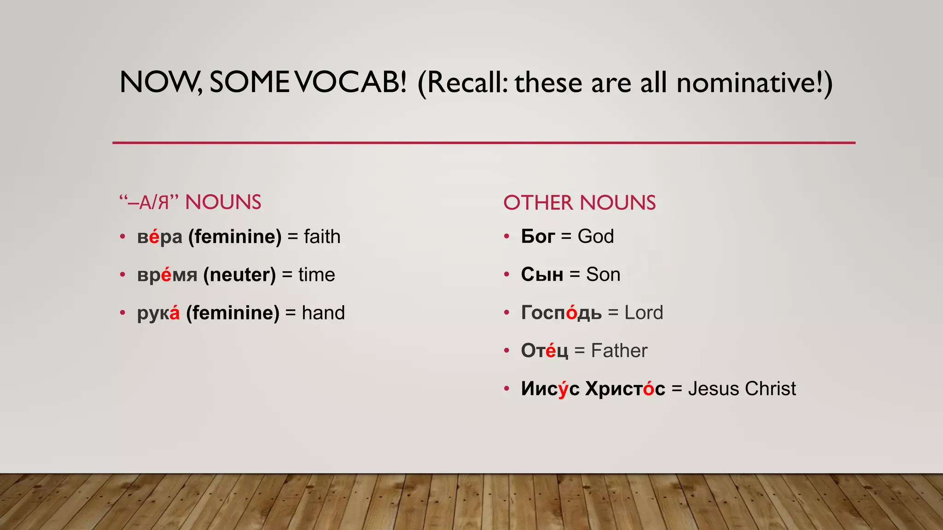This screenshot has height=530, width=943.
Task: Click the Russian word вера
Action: [x=159, y=237]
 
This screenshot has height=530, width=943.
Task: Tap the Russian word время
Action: [x=167, y=275]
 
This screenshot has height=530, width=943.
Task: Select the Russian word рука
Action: [x=158, y=313]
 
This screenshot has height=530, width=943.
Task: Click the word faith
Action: [x=322, y=237]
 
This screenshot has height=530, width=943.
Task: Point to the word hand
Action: [x=323, y=313]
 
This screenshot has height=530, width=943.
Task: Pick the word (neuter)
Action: [x=239, y=275]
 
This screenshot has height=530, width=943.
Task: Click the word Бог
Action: [x=537, y=236]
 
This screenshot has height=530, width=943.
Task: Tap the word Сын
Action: [x=542, y=275]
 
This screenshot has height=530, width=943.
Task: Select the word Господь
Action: [x=561, y=313]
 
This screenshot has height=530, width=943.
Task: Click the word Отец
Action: [x=544, y=351]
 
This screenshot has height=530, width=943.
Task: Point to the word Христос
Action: [x=625, y=389]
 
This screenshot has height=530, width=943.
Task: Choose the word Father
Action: [x=619, y=351]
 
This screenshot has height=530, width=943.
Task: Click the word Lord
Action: [x=643, y=313]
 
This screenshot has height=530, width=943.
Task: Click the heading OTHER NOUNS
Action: [x=579, y=203]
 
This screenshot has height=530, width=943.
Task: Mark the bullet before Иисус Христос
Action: [x=506, y=389]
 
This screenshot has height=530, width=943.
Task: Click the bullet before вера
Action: [x=122, y=237]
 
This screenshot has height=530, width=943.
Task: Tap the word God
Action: [x=595, y=236]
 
